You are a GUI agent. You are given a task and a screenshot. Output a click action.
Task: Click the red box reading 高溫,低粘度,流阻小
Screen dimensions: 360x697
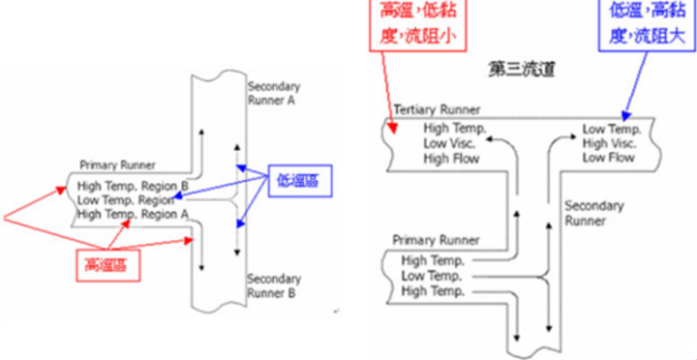[417, 23]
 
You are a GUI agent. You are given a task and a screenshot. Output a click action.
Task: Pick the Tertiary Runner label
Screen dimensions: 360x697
[438, 110]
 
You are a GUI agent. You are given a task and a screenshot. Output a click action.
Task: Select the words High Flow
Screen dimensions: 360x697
[451, 157]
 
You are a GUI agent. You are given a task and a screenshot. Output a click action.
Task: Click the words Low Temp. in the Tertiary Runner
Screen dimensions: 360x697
[611, 128]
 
